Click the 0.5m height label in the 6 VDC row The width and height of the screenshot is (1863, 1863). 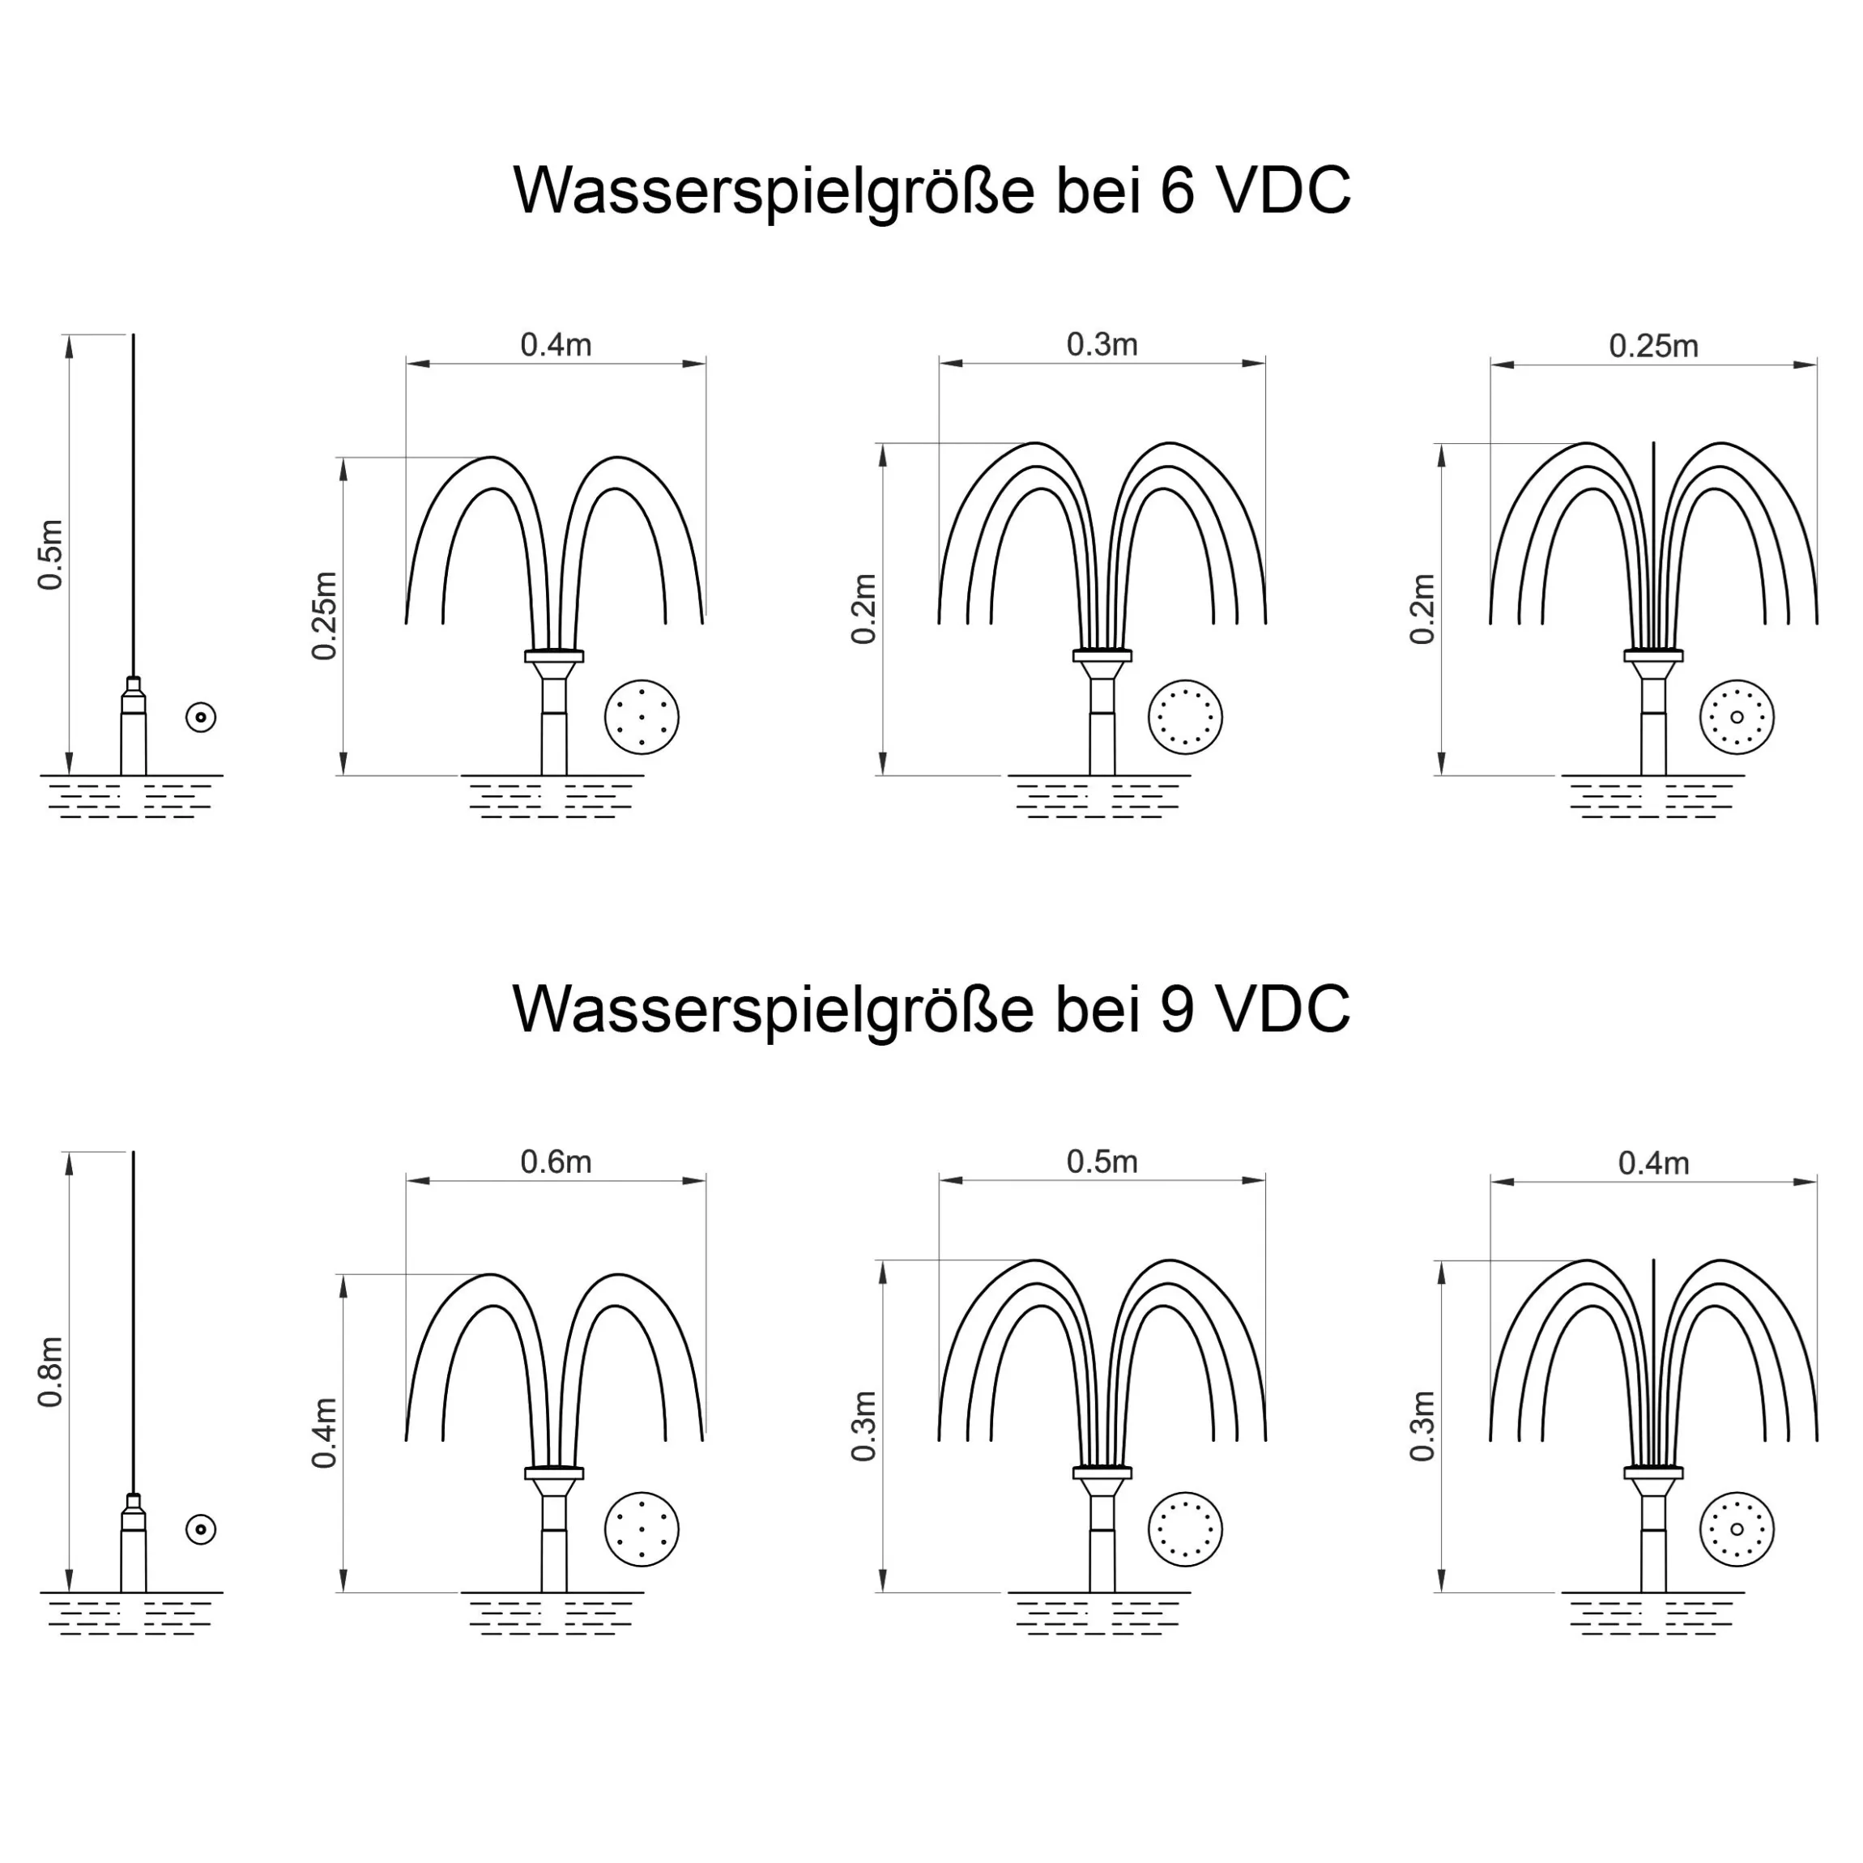pos(50,555)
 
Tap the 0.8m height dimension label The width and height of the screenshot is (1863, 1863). pos(50,1371)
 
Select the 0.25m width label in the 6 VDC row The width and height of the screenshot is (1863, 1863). pos(1654,345)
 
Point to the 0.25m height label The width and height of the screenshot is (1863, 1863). pos(325,616)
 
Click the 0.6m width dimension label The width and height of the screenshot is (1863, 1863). pos(556,1162)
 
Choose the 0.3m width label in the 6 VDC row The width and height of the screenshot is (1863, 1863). pos(1102,344)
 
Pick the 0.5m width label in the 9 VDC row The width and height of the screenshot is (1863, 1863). pos(1102,1162)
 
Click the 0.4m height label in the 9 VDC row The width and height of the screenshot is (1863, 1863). pos(325,1433)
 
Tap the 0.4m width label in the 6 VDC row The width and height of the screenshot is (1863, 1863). pos(556,344)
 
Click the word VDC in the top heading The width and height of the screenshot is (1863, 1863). pos(1284,190)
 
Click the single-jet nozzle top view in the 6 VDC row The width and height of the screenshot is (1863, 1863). pos(201,717)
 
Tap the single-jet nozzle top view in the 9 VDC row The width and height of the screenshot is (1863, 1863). pos(201,1529)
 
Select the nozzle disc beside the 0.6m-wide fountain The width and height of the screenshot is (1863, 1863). pos(642,1529)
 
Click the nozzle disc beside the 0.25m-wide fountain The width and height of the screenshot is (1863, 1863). pos(1737,717)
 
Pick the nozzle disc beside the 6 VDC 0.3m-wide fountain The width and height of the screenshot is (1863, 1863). pos(1185,717)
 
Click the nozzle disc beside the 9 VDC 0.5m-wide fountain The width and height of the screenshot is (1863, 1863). pos(1185,1529)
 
